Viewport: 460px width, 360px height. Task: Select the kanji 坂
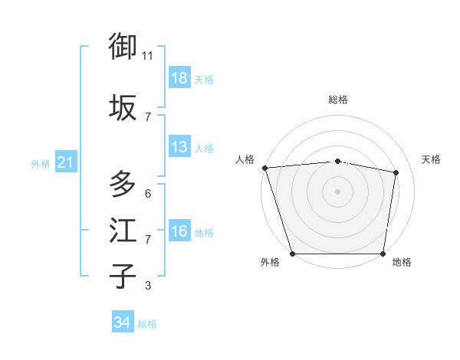click(x=123, y=107)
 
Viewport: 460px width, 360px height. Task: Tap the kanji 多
click(x=123, y=185)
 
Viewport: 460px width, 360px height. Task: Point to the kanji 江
click(x=123, y=231)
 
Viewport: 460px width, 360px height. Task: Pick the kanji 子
click(x=123, y=277)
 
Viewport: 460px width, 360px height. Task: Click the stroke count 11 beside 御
click(x=148, y=56)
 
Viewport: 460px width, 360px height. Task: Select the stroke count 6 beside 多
click(x=148, y=193)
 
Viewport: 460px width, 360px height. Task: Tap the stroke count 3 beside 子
click(x=148, y=286)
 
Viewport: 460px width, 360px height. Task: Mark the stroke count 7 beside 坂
click(x=148, y=116)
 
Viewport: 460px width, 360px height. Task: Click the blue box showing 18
click(x=179, y=78)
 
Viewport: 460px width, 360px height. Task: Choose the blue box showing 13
click(x=179, y=147)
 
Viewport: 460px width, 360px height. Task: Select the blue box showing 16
click(x=179, y=231)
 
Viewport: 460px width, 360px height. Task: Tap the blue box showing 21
click(x=65, y=162)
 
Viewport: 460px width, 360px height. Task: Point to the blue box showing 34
click(x=122, y=322)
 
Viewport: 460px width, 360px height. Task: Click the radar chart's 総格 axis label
click(x=337, y=100)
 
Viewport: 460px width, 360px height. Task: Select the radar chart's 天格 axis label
click(x=432, y=159)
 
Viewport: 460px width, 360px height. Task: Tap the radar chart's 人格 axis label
click(x=245, y=159)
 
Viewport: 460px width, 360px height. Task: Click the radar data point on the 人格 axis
click(x=264, y=168)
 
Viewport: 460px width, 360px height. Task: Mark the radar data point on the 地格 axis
click(x=383, y=254)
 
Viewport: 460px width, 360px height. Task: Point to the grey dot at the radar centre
click(x=337, y=191)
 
